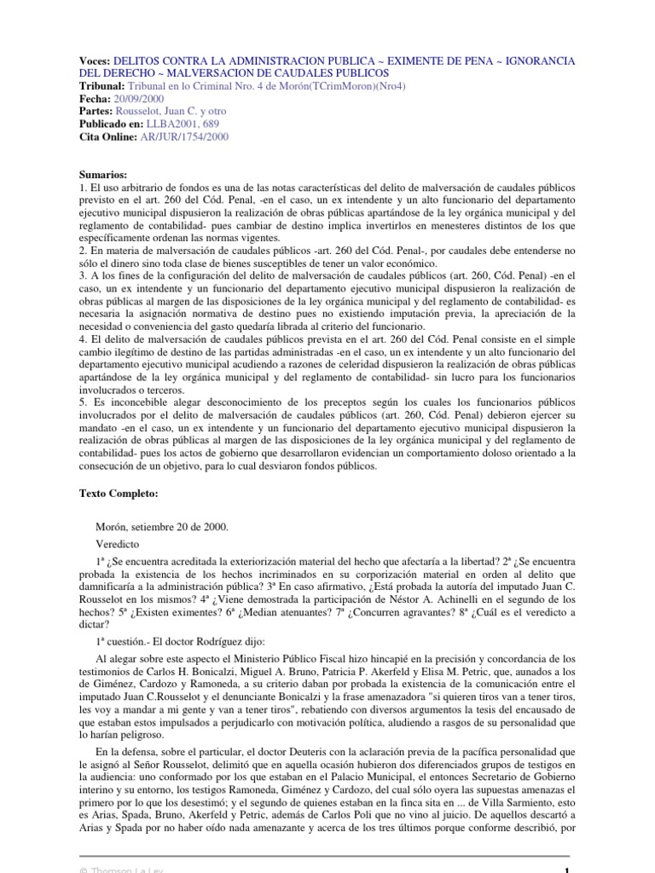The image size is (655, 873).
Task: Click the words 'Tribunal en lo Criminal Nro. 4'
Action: point(203,86)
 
